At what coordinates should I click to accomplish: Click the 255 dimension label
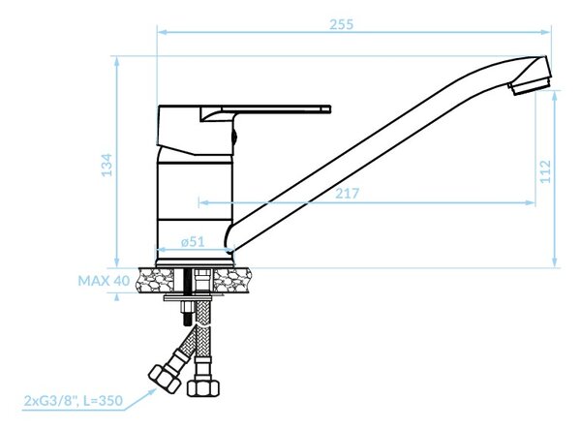[x=341, y=24]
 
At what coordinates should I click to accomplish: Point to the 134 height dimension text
[x=107, y=165]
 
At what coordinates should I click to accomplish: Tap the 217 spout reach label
[x=348, y=194]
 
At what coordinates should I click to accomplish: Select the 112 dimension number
[x=546, y=171]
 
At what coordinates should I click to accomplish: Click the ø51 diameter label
[x=193, y=242]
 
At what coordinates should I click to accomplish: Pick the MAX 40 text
[x=104, y=281]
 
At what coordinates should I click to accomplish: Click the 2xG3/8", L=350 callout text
[x=73, y=401]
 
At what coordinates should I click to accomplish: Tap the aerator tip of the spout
[x=529, y=87]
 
